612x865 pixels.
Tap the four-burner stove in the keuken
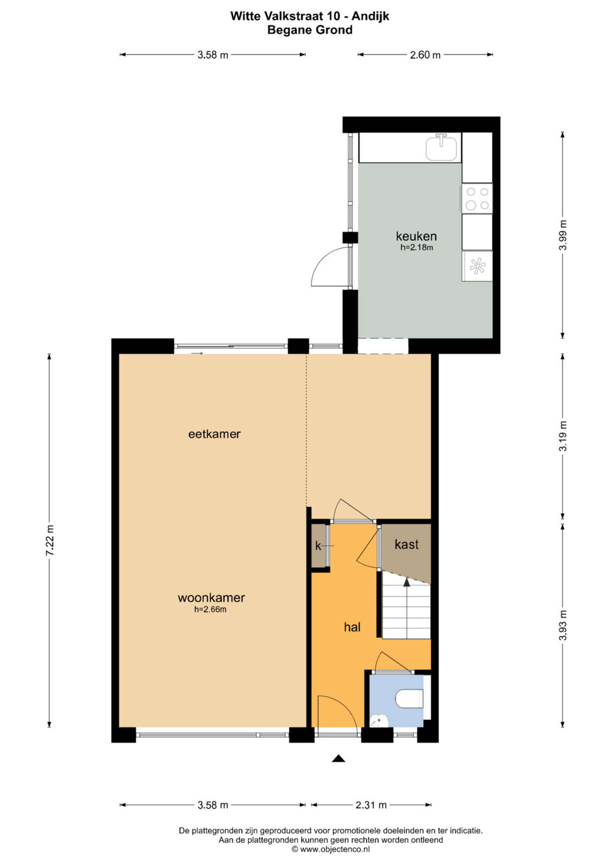tap(477, 199)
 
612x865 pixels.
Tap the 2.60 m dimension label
tap(425, 55)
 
